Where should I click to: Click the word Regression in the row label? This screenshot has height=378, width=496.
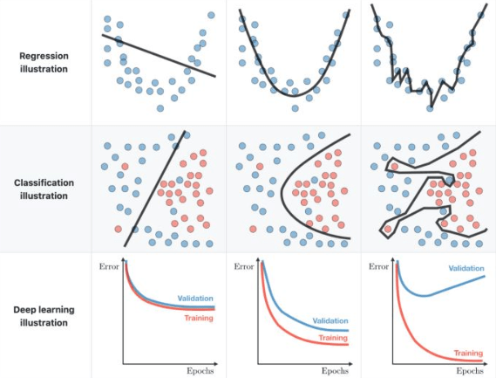tap(44, 56)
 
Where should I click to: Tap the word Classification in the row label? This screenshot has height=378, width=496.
tap(44, 182)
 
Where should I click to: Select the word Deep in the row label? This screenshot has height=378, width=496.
tap(24, 310)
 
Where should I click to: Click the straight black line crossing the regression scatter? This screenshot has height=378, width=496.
tap(159, 56)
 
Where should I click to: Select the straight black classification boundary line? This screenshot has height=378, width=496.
tap(154, 189)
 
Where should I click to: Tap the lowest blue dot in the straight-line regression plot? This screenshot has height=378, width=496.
tap(160, 108)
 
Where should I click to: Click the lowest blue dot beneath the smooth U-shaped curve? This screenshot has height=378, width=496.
tap(296, 108)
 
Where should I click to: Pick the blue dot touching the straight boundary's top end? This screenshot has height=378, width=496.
tap(187, 135)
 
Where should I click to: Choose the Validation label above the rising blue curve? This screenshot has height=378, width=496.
tap(466, 268)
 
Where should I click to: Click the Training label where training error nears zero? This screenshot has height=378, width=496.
tap(468, 353)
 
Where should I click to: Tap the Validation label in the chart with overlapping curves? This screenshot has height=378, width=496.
tap(195, 299)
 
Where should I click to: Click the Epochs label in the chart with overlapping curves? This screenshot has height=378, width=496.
tap(200, 371)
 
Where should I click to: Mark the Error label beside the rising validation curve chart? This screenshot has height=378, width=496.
tap(378, 267)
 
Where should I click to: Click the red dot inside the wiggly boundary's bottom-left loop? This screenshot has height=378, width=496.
tap(388, 229)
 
